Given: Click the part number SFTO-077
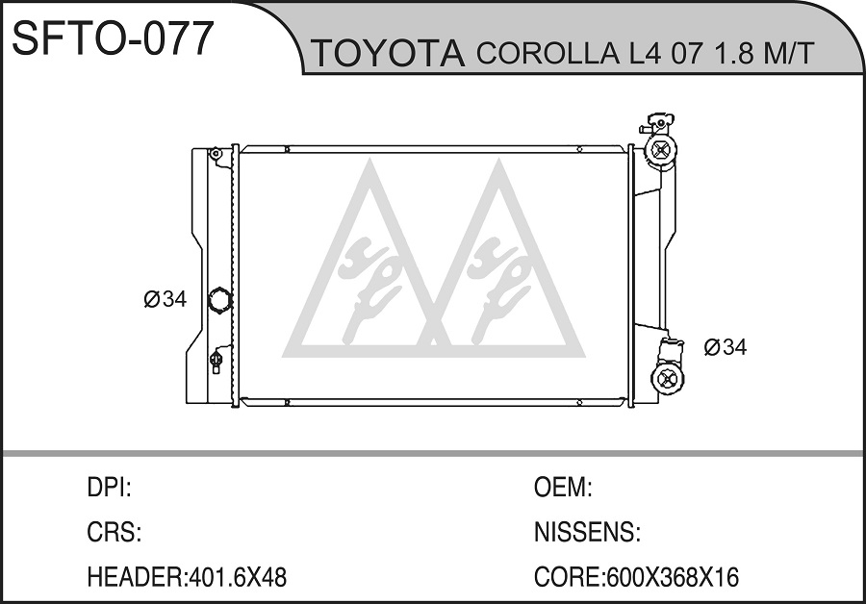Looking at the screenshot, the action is tap(113, 38).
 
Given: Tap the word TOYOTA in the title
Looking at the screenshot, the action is tap(389, 53).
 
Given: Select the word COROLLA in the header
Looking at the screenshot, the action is tap(548, 53).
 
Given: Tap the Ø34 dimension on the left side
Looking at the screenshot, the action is tap(166, 299).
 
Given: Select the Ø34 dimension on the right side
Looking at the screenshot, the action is tap(726, 347).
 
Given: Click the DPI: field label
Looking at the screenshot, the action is tap(109, 488).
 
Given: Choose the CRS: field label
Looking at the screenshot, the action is tap(115, 532).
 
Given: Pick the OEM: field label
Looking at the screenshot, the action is tap(563, 488).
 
